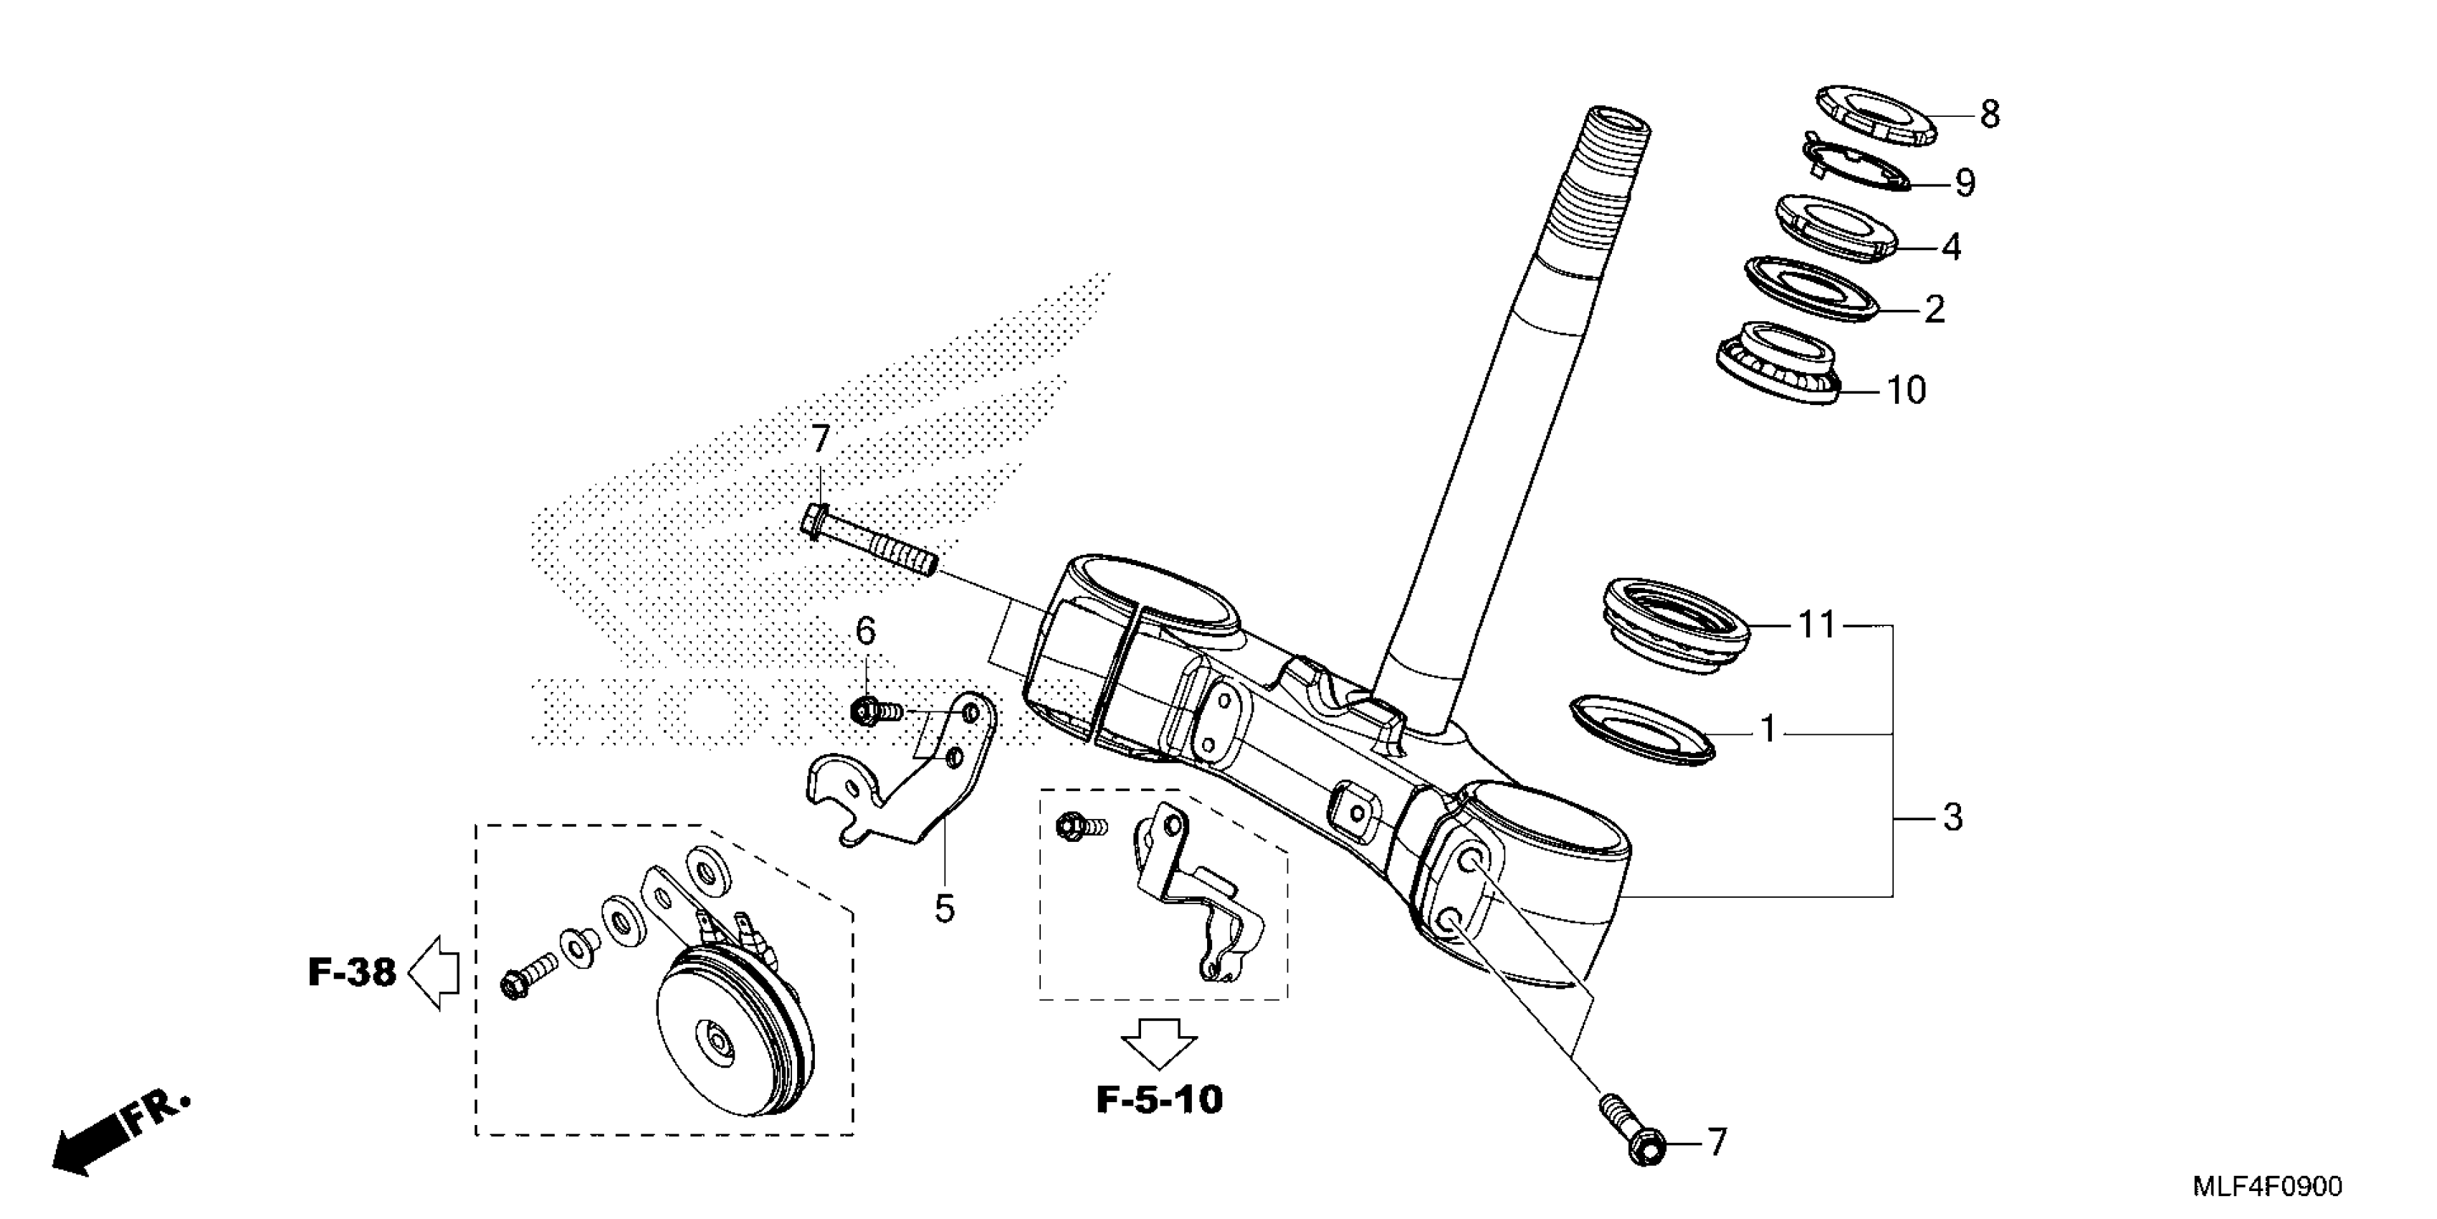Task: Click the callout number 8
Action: (x=1990, y=115)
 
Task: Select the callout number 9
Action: (x=1965, y=183)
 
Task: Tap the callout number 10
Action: (x=1907, y=390)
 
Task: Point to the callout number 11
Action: (x=1816, y=625)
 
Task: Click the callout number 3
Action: (x=1952, y=817)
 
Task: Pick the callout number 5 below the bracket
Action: (x=944, y=909)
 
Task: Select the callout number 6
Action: (x=866, y=631)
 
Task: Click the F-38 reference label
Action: (x=352, y=972)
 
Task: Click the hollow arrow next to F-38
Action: (x=434, y=972)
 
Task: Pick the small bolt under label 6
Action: (x=875, y=709)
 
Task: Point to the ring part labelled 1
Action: (x=1641, y=728)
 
